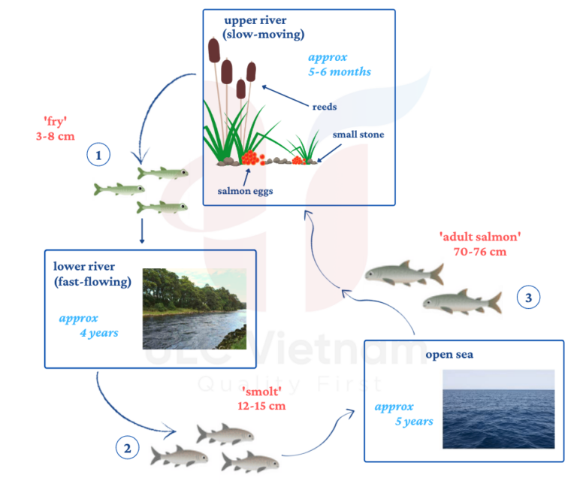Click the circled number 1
(98, 156)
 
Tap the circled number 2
(126, 449)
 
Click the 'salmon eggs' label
(245, 191)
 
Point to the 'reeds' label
(324, 107)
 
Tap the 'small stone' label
(358, 135)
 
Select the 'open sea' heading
(449, 355)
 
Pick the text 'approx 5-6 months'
(339, 65)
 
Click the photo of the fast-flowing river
(194, 308)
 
